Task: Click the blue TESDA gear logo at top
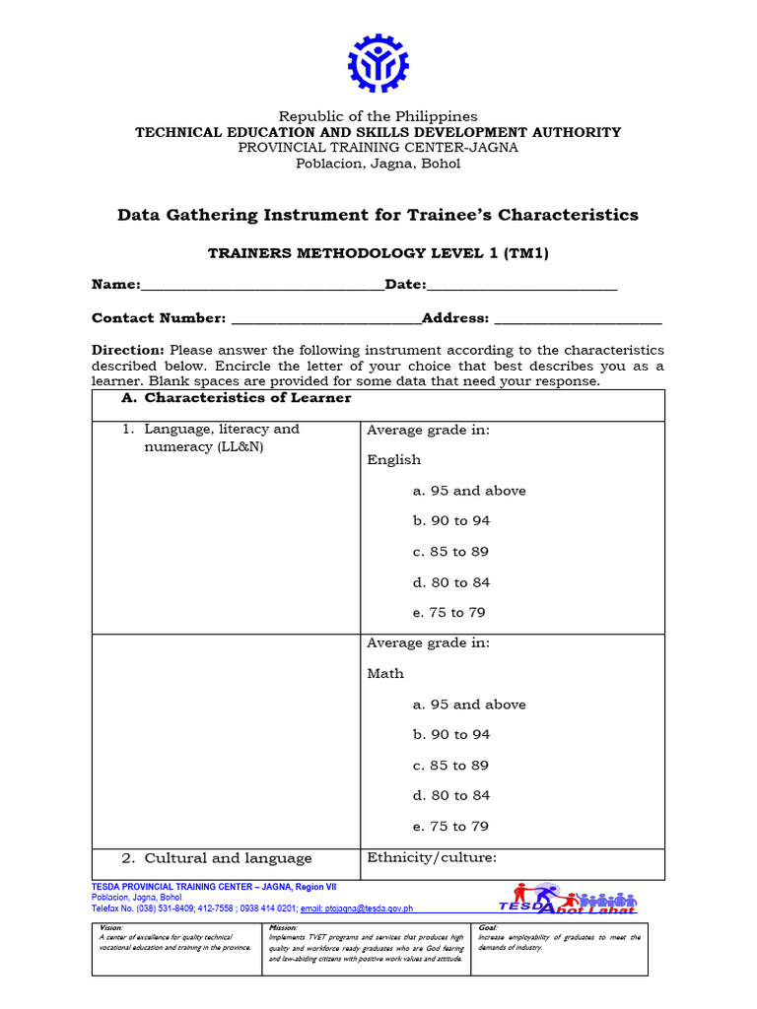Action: (x=378, y=63)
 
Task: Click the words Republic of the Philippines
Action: (x=378, y=116)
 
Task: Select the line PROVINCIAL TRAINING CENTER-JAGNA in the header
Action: (x=378, y=148)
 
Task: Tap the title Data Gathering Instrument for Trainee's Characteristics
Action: (x=378, y=215)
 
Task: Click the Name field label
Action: (x=115, y=285)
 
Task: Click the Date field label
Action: (x=405, y=285)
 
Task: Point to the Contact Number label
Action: (x=159, y=318)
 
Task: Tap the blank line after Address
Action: (x=578, y=319)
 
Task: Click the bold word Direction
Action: (x=128, y=350)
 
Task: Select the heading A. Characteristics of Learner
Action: (x=236, y=398)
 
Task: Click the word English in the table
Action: (x=393, y=460)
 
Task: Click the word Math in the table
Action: (x=385, y=674)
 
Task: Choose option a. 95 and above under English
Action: (x=469, y=491)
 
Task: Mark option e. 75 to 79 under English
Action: (x=449, y=613)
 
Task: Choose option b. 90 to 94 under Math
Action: (x=451, y=735)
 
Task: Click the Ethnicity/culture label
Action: (x=432, y=858)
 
